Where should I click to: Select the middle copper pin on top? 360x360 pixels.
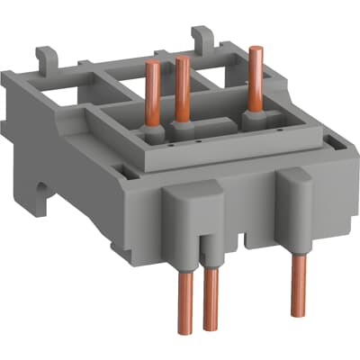click(x=184, y=94)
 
